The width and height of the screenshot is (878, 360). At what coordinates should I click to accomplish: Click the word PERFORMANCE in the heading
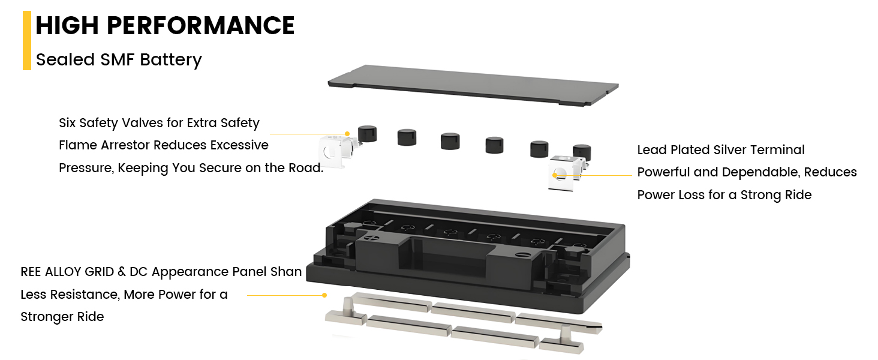tap(200, 25)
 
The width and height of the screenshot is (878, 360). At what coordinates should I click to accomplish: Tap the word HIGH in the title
tap(67, 25)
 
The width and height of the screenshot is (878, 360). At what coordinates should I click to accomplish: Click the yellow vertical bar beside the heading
tap(26, 40)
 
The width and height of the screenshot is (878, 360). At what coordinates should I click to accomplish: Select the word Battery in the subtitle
tap(171, 60)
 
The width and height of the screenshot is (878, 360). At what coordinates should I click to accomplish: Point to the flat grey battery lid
tap(473, 85)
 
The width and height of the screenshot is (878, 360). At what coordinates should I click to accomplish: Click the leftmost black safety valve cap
tap(367, 134)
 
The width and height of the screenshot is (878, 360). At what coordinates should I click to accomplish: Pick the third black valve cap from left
tap(450, 141)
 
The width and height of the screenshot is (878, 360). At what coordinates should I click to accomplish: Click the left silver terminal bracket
tap(337, 151)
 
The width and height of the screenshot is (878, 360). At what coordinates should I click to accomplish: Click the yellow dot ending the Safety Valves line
tap(347, 134)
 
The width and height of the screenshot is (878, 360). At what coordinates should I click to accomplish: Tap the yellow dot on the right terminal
tap(555, 175)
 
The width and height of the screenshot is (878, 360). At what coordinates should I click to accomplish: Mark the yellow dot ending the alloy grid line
tap(324, 295)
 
